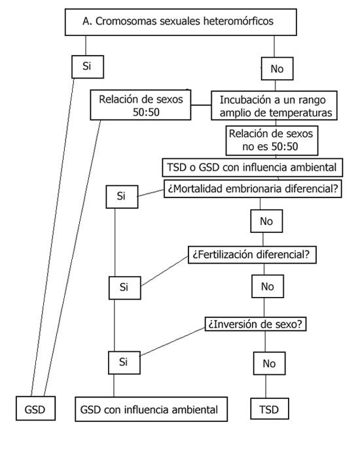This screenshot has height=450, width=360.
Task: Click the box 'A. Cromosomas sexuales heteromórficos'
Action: click(x=181, y=22)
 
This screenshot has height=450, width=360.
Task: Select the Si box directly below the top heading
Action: click(x=88, y=67)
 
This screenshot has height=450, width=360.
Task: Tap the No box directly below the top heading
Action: click(x=278, y=69)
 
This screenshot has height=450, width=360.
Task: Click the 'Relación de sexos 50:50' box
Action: click(x=141, y=105)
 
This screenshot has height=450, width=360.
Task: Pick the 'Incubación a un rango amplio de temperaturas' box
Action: click(x=274, y=105)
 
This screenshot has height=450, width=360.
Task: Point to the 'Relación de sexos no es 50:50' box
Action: click(x=272, y=141)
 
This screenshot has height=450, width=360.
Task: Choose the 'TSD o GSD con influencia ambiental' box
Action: click(x=253, y=167)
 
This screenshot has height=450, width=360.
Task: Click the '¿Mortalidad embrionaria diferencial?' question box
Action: click(x=253, y=188)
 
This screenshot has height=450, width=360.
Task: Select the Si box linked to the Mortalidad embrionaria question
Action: click(x=122, y=197)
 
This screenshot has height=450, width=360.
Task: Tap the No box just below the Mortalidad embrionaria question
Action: click(x=266, y=221)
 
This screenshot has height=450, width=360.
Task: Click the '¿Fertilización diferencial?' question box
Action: click(x=252, y=254)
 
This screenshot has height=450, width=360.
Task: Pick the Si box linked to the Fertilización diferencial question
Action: click(x=125, y=288)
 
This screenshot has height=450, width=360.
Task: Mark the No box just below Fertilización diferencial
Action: click(x=268, y=286)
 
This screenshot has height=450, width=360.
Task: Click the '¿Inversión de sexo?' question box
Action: click(x=255, y=324)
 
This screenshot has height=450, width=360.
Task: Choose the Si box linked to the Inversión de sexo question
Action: click(x=124, y=363)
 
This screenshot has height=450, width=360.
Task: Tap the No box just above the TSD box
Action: click(x=269, y=363)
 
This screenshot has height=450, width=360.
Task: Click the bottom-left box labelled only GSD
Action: click(x=35, y=408)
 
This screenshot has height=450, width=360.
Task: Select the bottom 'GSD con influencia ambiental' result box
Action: click(x=151, y=409)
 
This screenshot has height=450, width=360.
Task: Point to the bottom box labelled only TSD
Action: click(x=270, y=409)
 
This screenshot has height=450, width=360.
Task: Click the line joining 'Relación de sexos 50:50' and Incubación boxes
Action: click(x=201, y=105)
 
